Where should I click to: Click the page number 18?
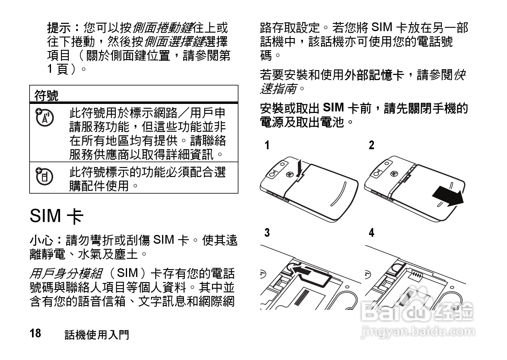(x=35, y=333)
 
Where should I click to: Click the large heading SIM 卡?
(x=57, y=216)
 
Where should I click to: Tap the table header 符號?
(x=46, y=96)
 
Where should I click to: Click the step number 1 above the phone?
(x=267, y=145)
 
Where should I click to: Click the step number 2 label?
(x=371, y=145)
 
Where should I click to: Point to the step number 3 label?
(x=267, y=233)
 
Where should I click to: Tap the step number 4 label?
(x=371, y=233)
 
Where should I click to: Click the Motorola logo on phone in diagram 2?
(x=394, y=173)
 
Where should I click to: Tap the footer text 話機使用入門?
(x=97, y=335)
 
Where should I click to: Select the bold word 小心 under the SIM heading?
(x=42, y=241)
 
